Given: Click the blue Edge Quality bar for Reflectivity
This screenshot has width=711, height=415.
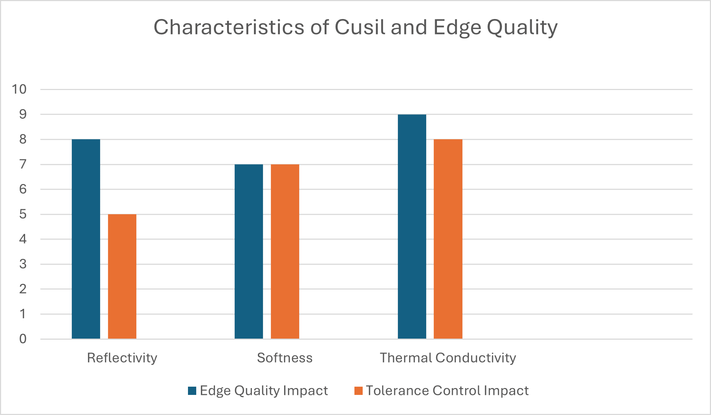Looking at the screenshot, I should pos(86,239).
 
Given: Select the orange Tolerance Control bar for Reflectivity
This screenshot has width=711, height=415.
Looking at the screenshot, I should pos(122,276).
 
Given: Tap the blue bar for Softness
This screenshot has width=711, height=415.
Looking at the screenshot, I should pos(249,251).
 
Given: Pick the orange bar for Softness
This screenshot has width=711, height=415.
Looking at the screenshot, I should pos(285,251).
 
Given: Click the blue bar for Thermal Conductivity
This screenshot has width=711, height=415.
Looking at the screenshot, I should pos(412,226).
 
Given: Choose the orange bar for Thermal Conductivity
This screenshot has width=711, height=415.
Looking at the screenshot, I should pos(448,239).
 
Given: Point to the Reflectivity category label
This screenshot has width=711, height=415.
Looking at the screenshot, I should pos(122,358).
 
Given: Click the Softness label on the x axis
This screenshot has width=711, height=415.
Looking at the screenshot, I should pos(284,358).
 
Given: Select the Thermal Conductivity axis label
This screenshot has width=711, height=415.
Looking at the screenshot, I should pos(448,358).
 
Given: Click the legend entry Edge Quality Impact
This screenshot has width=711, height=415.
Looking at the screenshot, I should pos(264,390).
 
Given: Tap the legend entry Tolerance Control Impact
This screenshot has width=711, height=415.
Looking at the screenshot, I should pos(447,390).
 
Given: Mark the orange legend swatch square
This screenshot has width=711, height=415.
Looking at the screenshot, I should pos(358,391).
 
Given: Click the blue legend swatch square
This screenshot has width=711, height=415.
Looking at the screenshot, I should pos(192,391).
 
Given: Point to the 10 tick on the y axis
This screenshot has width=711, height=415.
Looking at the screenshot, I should pos(19,89).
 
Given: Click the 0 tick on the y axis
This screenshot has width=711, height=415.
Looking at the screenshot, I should pos(23,339).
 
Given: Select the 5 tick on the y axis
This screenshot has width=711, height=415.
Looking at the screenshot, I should pos(23,214).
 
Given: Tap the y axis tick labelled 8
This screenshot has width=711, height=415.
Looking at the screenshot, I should pos(23,139).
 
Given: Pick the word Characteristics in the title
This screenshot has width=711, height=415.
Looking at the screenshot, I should pos(229,27).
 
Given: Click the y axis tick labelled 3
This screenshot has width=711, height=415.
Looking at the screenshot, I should pos(23,264).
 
